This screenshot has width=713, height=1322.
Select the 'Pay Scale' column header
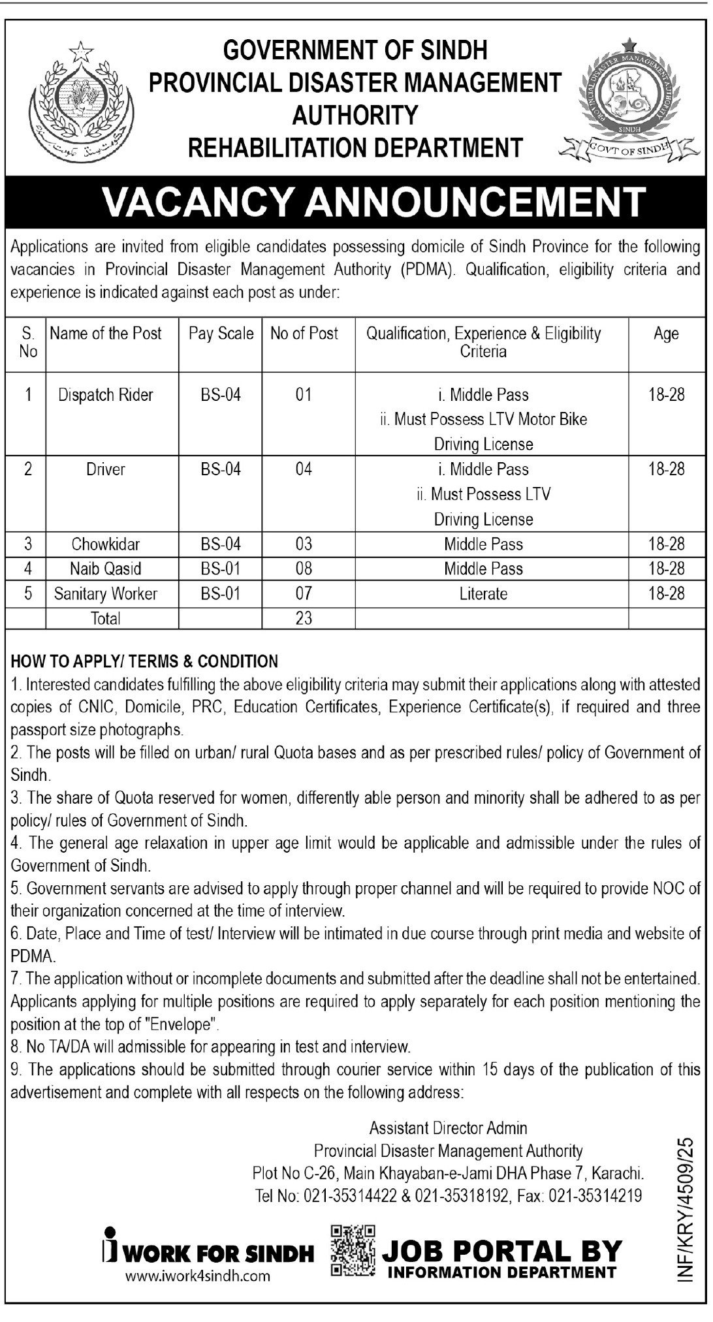[221, 334]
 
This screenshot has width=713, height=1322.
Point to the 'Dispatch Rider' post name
[105, 395]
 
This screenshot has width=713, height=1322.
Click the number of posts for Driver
[304, 469]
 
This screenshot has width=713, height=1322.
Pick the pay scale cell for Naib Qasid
[221, 569]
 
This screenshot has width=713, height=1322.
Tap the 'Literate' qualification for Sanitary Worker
[483, 593]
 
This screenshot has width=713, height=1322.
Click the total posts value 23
[304, 618]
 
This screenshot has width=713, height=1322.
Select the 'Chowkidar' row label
[105, 544]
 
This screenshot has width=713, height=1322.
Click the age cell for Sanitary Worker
[666, 593]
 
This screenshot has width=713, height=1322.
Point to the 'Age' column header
[666, 334]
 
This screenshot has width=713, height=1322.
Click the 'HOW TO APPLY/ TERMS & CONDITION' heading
[144, 661]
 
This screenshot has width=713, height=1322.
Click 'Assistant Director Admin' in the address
[448, 1127]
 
